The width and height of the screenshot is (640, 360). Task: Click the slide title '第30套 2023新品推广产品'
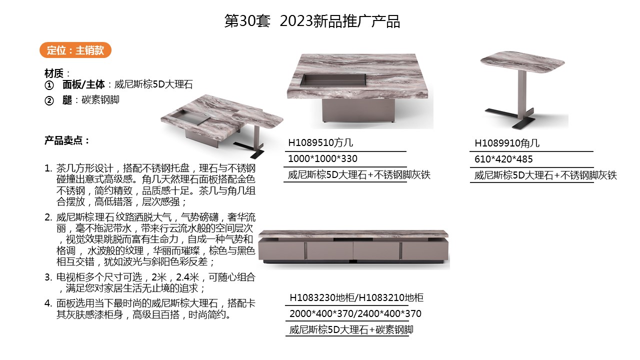(x=312, y=21)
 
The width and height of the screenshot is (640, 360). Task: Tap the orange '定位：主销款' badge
(x=75, y=50)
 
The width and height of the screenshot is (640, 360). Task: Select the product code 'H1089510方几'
(x=320, y=143)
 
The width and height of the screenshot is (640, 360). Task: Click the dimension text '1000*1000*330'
(x=322, y=159)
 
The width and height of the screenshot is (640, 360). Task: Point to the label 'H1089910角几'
(x=507, y=143)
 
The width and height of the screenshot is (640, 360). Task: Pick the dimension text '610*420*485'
(x=503, y=159)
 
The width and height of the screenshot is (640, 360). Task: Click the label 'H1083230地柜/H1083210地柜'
(x=356, y=298)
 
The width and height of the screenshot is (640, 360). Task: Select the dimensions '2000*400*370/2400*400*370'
(x=355, y=314)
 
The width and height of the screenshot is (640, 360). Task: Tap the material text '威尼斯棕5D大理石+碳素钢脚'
(x=351, y=330)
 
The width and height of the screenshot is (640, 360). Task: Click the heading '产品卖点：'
(x=67, y=140)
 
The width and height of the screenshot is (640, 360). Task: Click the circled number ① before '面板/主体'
(x=49, y=85)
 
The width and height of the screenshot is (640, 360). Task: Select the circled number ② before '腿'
(x=49, y=100)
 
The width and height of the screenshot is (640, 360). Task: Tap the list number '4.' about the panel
(x=48, y=303)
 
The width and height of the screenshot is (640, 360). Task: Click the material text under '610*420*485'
(x=545, y=175)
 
